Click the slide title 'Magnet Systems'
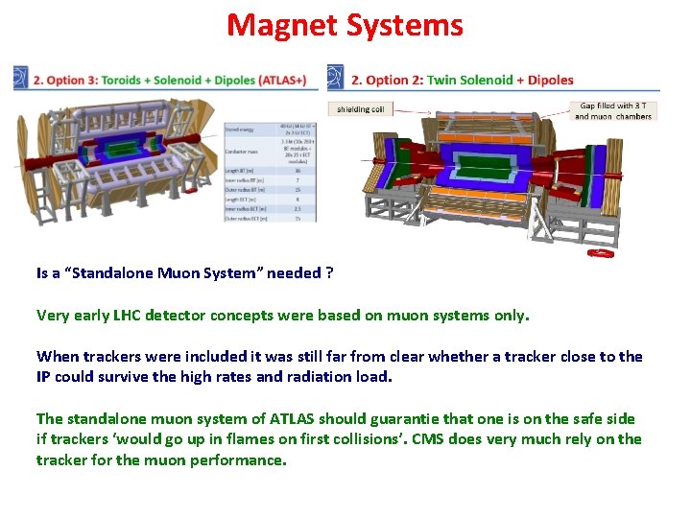point(345,25)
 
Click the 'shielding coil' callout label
point(360,109)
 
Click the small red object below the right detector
point(601,253)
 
